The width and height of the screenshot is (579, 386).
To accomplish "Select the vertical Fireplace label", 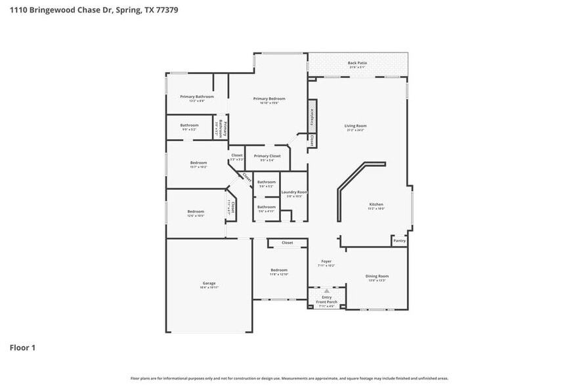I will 312,116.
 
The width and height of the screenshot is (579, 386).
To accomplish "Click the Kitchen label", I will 375,205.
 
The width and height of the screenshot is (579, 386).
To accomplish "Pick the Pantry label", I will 399,241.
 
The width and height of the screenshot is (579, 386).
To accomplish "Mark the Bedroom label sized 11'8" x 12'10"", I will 279,271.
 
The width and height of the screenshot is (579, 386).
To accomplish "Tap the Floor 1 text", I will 22,347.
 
